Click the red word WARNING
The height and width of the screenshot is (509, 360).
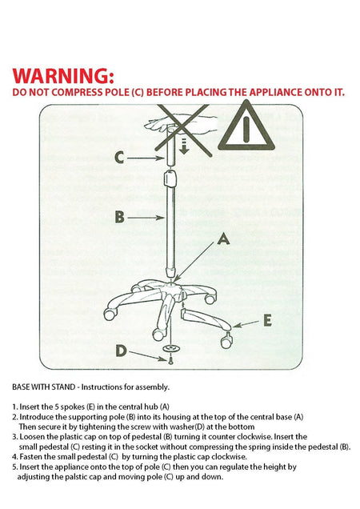tap(63, 76)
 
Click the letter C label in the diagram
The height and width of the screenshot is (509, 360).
tap(119, 158)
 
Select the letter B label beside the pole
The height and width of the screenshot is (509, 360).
tap(119, 217)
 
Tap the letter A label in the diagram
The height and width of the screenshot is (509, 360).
tap(223, 239)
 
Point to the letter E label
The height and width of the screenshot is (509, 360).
tap(267, 320)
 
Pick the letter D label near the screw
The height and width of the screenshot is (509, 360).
tap(121, 351)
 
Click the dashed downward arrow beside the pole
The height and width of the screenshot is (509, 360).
tap(184, 146)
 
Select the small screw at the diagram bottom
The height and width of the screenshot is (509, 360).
tap(170, 360)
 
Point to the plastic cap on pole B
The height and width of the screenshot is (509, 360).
tap(170, 178)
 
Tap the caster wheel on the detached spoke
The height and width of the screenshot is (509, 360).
tap(226, 342)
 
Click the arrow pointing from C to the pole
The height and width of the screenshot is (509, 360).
tap(146, 158)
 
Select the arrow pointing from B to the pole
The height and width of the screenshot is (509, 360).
tap(146, 218)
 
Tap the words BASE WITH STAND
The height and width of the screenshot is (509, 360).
tap(43, 387)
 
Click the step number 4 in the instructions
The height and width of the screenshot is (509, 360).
tap(14, 457)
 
